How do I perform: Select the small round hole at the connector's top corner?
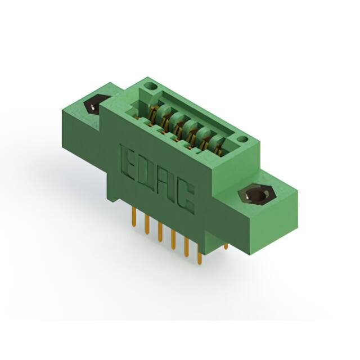point(151,87)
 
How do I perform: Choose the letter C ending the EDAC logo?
point(185,197)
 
